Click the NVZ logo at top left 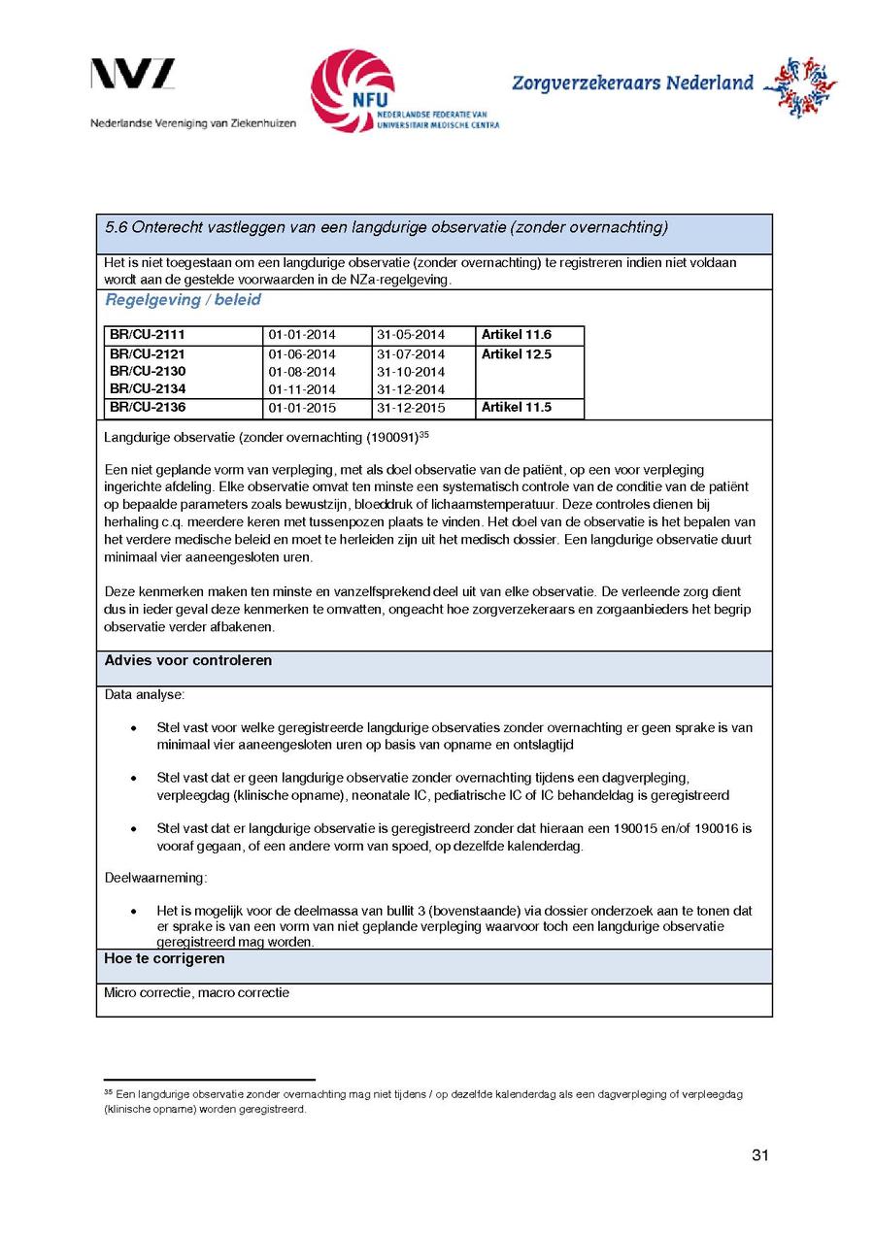pos(133,75)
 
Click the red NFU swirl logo pos(352,91)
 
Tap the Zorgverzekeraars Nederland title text pos(632,83)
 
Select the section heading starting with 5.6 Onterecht pos(386,228)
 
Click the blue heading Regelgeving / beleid pos(183,300)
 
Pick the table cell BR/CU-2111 pos(148,335)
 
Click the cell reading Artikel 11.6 pos(516,335)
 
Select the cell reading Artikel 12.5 pos(516,354)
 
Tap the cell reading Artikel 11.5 pos(516,408)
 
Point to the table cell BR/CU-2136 pos(148,408)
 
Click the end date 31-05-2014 pos(410,336)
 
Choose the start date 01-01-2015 pos(301,409)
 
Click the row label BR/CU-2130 pos(148,372)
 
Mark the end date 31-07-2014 pos(410,354)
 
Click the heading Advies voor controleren pos(187,661)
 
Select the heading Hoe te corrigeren pos(164,959)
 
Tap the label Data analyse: pos(144,696)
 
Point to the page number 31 pos(760,1155)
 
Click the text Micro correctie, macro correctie pos(196,993)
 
